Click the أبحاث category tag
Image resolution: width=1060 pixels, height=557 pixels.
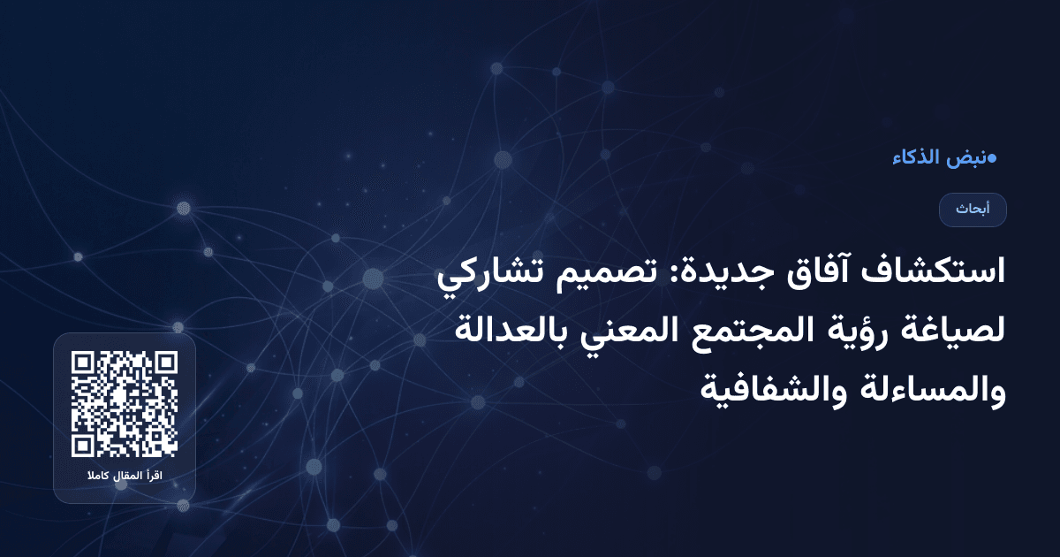[973, 210]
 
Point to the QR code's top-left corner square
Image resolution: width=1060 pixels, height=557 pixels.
[84, 363]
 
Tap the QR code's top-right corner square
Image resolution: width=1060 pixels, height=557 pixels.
[165, 363]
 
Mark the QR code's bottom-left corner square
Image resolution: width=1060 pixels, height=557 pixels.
[84, 445]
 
